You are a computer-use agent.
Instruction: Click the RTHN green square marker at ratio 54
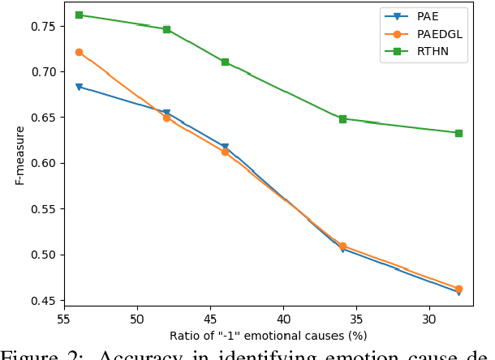(79, 15)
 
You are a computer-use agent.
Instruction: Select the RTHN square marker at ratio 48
(166, 29)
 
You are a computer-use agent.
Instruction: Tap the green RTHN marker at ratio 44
(225, 62)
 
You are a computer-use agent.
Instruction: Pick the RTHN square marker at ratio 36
(342, 118)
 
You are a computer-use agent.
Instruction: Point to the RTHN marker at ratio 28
(458, 133)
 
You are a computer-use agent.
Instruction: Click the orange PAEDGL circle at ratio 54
(79, 52)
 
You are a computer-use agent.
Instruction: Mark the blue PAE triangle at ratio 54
(79, 87)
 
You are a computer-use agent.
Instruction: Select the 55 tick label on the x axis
(64, 319)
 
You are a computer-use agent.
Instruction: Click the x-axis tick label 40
(283, 319)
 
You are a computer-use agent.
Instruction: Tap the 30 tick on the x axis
(429, 319)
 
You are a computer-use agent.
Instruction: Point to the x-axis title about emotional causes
(268, 336)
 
